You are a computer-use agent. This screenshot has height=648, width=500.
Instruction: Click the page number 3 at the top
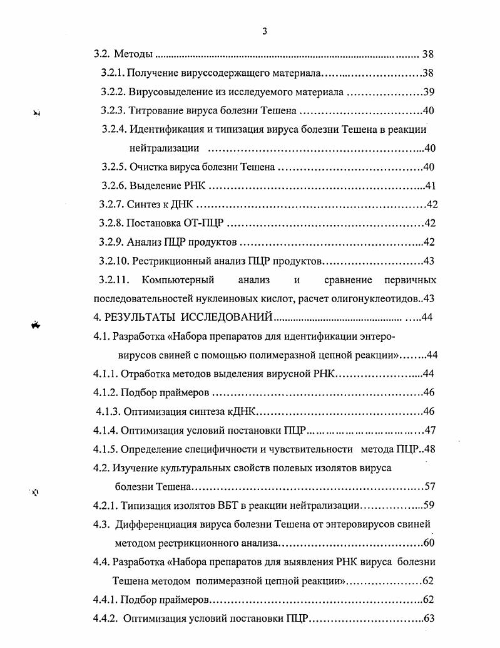265,33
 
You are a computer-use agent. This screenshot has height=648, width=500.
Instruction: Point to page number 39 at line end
429,92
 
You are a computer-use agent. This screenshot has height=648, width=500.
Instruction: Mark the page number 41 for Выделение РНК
430,186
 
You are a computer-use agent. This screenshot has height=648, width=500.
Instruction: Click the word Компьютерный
178,280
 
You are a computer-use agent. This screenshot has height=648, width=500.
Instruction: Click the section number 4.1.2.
106,392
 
